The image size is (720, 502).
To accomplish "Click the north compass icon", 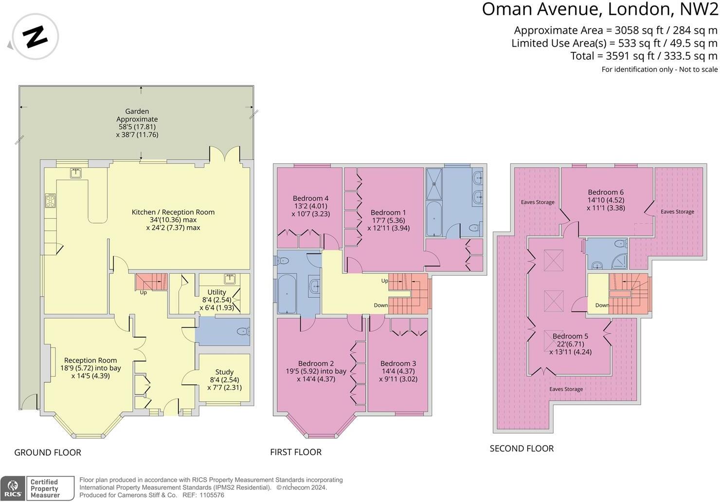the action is pyautogui.click(x=35, y=37).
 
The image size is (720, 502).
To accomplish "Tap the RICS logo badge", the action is pyautogui.click(x=13, y=488).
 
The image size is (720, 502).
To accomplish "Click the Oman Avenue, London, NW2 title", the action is pyautogui.click(x=599, y=9).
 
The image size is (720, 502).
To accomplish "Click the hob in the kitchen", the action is pyautogui.click(x=51, y=200).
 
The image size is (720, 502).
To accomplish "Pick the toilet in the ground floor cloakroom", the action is pyautogui.click(x=242, y=332).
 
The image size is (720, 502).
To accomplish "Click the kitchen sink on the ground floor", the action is pyautogui.click(x=76, y=172).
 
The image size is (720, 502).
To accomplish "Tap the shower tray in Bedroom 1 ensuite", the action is pyautogui.click(x=434, y=184).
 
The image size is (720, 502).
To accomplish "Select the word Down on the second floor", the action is pyautogui.click(x=602, y=305).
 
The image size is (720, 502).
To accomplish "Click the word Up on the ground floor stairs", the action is pyautogui.click(x=143, y=292).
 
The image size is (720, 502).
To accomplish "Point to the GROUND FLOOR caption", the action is pyautogui.click(x=48, y=452).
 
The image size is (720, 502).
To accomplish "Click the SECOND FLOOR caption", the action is pyautogui.click(x=522, y=448).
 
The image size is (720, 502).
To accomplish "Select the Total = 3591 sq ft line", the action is pyautogui.click(x=644, y=56).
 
